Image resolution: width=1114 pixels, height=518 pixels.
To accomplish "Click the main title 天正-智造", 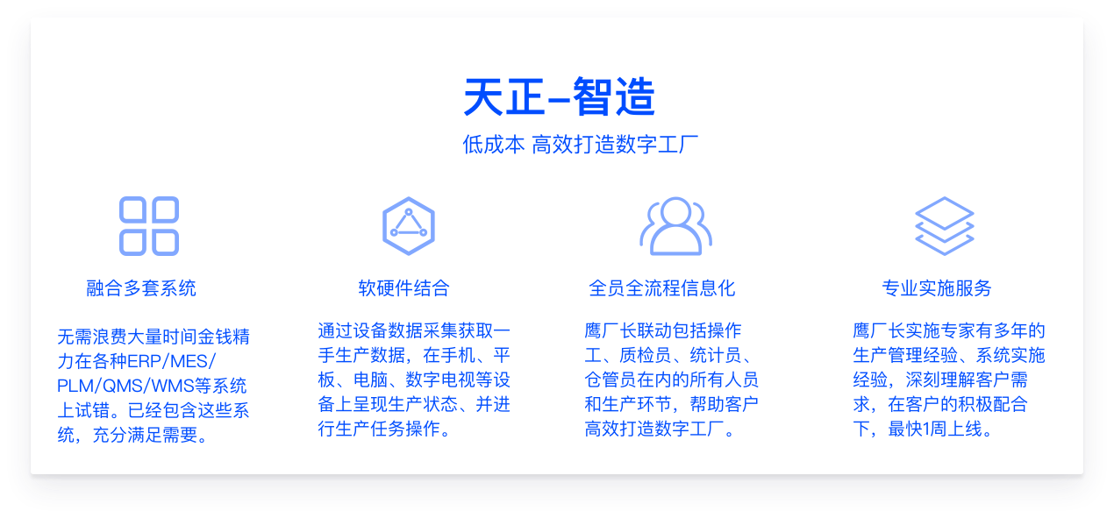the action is pos(559,96).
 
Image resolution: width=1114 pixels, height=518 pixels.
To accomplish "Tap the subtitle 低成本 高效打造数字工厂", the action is pos(581,145).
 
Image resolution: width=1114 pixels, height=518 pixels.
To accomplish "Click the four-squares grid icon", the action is pos(149,226).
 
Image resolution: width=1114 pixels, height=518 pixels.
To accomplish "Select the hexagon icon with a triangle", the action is pos(408,226).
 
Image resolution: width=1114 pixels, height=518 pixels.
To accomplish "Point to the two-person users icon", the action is pos(676,226).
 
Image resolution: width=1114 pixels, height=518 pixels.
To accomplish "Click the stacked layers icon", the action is pos(945,226).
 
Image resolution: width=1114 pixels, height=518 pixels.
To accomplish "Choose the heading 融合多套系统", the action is pos(141,288).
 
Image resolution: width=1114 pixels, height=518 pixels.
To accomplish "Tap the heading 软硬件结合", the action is pos(403,288).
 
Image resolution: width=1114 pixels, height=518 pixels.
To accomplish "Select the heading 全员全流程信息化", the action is pos(662,288).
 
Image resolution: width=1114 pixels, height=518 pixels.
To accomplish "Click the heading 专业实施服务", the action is pos(937,288).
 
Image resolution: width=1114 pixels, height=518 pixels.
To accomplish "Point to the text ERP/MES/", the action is pos(172,361).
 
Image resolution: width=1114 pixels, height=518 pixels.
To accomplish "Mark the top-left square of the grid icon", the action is pos(132,209).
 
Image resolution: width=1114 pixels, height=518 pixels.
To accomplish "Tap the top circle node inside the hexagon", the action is pos(408,212).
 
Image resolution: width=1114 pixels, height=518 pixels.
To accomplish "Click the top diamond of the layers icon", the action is pos(945,213).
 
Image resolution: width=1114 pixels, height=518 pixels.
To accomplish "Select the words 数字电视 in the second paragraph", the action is pos(440,380).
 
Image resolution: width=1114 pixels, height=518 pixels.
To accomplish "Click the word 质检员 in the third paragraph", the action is pos(645,356).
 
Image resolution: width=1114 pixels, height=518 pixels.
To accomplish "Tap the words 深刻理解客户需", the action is pos(967,380).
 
